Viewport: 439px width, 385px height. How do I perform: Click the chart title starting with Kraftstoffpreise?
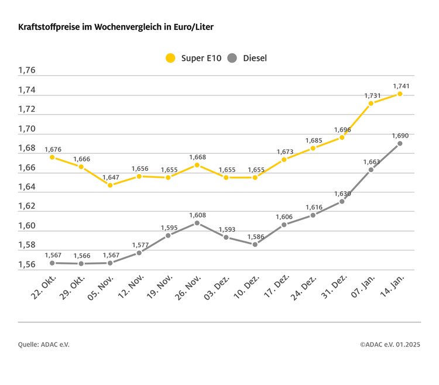[x=120, y=27]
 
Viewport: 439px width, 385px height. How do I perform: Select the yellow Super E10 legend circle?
[x=170, y=58]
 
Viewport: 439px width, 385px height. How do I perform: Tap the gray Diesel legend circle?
[x=232, y=58]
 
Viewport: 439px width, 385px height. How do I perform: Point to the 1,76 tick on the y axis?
[x=27, y=71]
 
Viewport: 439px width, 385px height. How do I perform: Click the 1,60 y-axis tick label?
[x=27, y=226]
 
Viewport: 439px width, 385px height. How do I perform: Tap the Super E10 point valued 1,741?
[x=400, y=94]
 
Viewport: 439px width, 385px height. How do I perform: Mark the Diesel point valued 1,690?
[x=400, y=143]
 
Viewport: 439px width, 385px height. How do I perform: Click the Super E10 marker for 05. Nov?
[x=110, y=185]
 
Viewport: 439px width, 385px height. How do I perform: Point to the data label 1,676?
[x=53, y=149]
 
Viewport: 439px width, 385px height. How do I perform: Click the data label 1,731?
[x=372, y=95]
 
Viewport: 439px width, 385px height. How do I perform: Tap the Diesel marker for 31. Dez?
[x=342, y=201]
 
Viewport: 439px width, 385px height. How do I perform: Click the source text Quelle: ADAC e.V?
[x=43, y=345]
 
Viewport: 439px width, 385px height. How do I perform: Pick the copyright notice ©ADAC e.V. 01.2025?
[x=390, y=345]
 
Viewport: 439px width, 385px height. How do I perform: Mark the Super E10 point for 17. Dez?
[x=284, y=160]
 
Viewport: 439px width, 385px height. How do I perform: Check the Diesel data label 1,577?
[x=139, y=245]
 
